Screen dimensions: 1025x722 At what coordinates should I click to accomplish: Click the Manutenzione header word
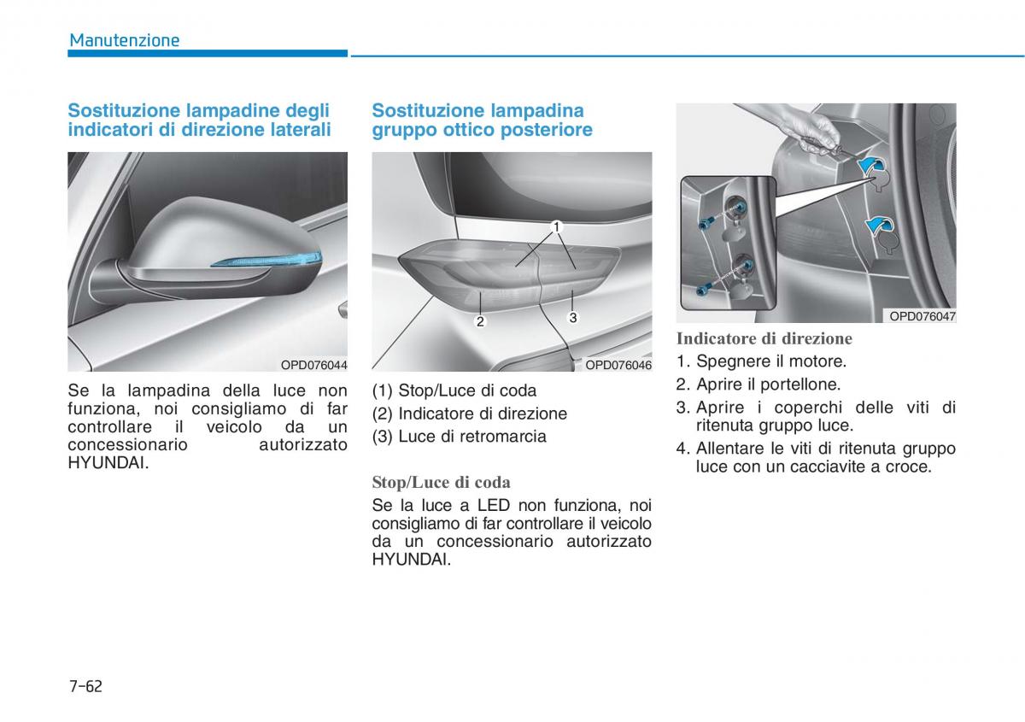(x=125, y=40)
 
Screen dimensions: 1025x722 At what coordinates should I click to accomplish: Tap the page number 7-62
(x=85, y=686)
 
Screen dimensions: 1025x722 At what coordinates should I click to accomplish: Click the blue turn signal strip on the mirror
(x=266, y=260)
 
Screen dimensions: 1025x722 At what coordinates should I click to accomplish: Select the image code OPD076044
(x=314, y=365)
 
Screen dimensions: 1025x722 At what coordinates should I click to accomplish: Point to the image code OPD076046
(x=618, y=365)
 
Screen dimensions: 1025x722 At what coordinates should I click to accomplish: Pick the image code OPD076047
(x=922, y=316)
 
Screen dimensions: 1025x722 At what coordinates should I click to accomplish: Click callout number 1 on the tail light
(x=556, y=227)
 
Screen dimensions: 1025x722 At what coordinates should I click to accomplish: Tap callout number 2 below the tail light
(x=480, y=321)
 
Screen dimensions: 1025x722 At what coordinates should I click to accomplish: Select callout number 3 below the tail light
(x=573, y=317)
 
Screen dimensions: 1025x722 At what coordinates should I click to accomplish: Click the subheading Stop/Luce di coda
(x=441, y=482)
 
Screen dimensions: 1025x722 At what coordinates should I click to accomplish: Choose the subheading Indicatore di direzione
(x=764, y=338)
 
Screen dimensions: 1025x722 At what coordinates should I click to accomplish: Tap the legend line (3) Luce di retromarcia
(x=459, y=437)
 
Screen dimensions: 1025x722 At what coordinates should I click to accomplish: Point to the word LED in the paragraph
(x=494, y=506)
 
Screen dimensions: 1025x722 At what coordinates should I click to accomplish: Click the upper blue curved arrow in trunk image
(x=872, y=166)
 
